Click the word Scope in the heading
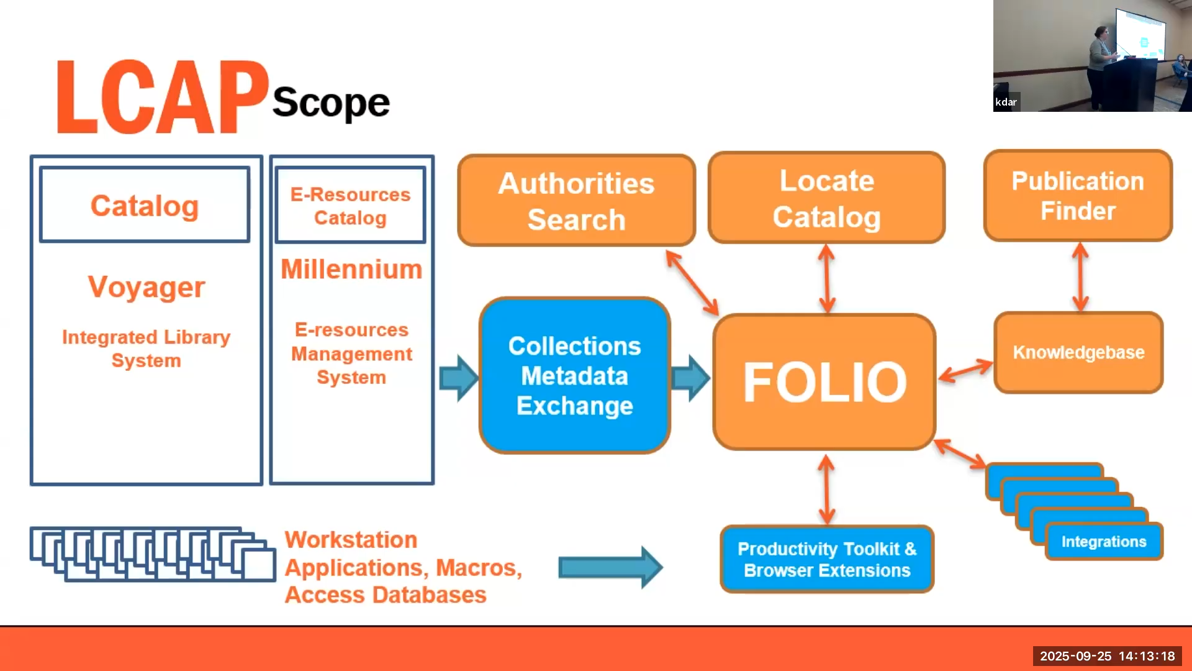[331, 103]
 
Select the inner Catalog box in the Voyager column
[145, 205]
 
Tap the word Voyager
[147, 287]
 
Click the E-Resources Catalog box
[351, 206]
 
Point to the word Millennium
[351, 270]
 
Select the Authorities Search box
[576, 201]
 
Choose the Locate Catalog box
[826, 198]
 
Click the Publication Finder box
[1078, 196]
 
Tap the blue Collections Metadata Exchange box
[575, 376]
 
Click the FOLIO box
[824, 381]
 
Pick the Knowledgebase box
[1078, 352]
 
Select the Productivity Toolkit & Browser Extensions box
[827, 559]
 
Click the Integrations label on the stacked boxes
[1104, 542]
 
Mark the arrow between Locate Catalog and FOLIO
[826, 278]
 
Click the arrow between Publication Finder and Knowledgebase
[1080, 276]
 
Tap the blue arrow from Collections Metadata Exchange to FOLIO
[690, 378]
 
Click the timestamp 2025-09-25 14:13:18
[1107, 656]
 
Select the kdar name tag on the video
[1006, 102]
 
